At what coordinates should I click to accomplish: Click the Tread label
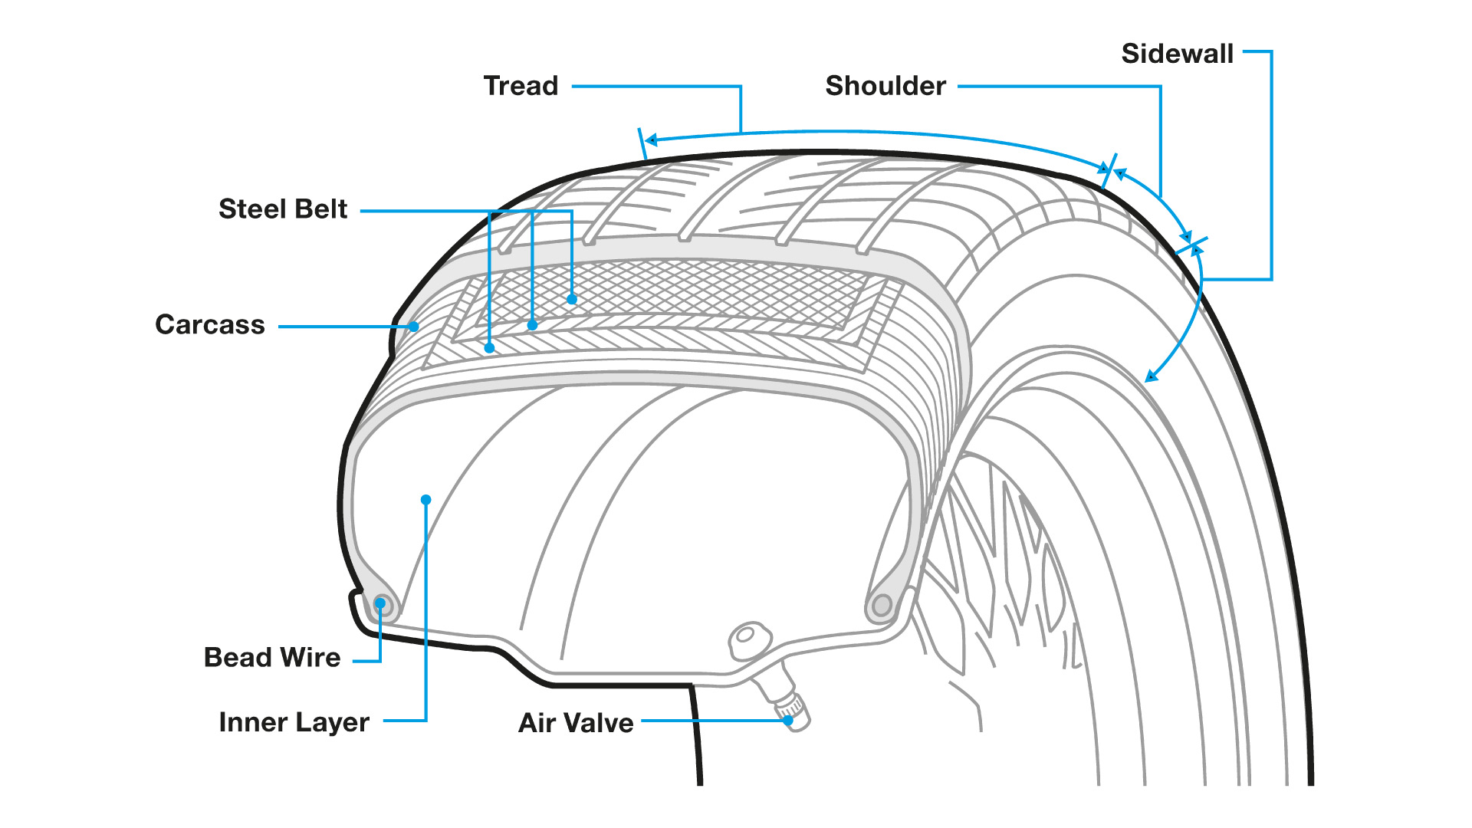coord(521,86)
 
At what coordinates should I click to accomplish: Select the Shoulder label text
coord(886,86)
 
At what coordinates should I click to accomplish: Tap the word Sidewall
coord(1177,54)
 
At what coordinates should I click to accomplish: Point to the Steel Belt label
coord(283,209)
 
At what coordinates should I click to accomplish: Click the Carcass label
coord(210,325)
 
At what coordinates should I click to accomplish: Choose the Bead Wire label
coord(272,658)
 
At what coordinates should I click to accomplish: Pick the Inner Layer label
coord(294,722)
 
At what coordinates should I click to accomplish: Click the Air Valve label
coord(576,723)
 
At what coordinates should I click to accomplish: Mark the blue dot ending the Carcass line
coord(414,327)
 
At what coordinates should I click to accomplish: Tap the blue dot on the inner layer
coord(426,500)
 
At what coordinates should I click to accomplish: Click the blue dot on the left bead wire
coord(380,603)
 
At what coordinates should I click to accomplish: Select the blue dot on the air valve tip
coord(788,721)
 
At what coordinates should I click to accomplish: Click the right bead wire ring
coord(882,606)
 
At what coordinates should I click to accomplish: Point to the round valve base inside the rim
coord(745,636)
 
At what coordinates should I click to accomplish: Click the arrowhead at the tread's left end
coord(651,140)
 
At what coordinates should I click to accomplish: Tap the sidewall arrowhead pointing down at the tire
coord(1151,376)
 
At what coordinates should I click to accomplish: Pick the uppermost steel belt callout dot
coord(572,300)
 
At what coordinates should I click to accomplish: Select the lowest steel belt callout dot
coord(490,349)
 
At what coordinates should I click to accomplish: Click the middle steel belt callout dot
coord(532,326)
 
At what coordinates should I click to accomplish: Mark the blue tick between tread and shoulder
coord(1108,171)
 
